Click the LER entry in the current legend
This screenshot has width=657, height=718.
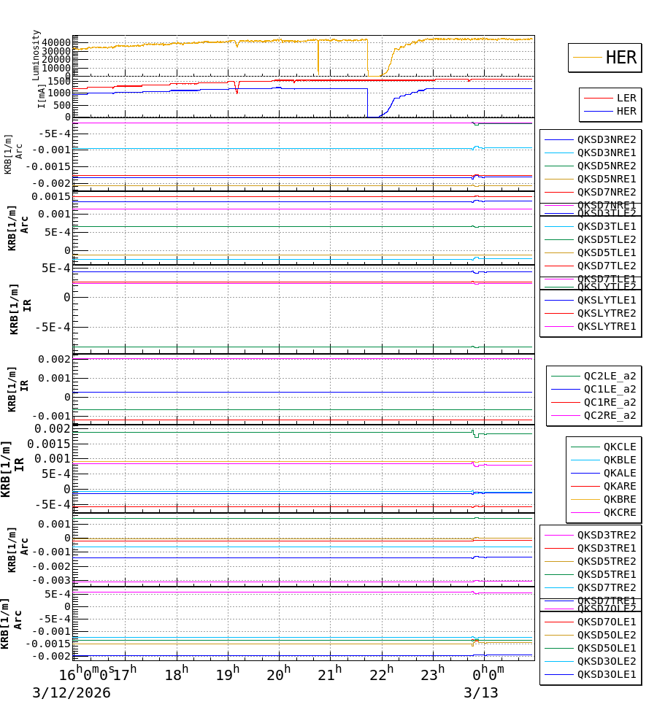[626, 98]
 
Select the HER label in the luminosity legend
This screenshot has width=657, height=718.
[620, 58]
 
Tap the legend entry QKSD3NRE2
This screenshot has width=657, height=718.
[606, 139]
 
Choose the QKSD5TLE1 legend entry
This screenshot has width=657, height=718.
[606, 252]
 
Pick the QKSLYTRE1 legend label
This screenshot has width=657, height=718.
[606, 326]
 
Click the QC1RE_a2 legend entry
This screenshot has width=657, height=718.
[609, 402]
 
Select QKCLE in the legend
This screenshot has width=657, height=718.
[619, 447]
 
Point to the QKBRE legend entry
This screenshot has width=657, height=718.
[619, 499]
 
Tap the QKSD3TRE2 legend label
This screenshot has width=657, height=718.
[606, 535]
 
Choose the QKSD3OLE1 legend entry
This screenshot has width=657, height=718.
[606, 674]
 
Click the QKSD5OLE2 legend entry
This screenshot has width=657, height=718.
[606, 635]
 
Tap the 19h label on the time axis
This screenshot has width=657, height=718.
[228, 674]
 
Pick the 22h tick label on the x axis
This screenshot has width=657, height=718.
[381, 674]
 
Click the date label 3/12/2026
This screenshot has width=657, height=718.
[72, 693]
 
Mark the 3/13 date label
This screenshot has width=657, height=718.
[481, 693]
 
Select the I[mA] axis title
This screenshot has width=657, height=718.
[41, 96]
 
